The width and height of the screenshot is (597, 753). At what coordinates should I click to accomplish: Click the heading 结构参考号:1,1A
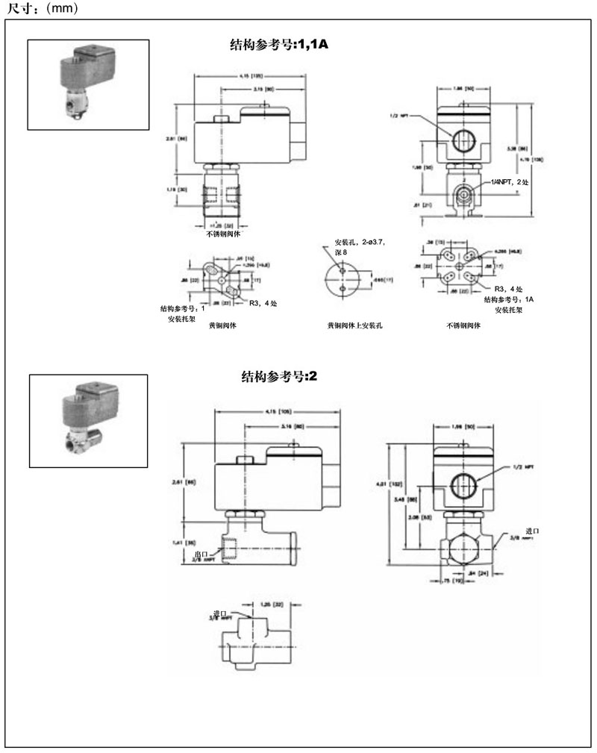point(279,44)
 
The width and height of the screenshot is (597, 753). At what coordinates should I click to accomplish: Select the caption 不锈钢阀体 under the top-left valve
point(222,233)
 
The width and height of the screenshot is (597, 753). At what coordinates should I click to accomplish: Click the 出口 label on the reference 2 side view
point(200,555)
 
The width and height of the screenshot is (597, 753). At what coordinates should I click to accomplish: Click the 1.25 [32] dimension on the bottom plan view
point(272,603)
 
